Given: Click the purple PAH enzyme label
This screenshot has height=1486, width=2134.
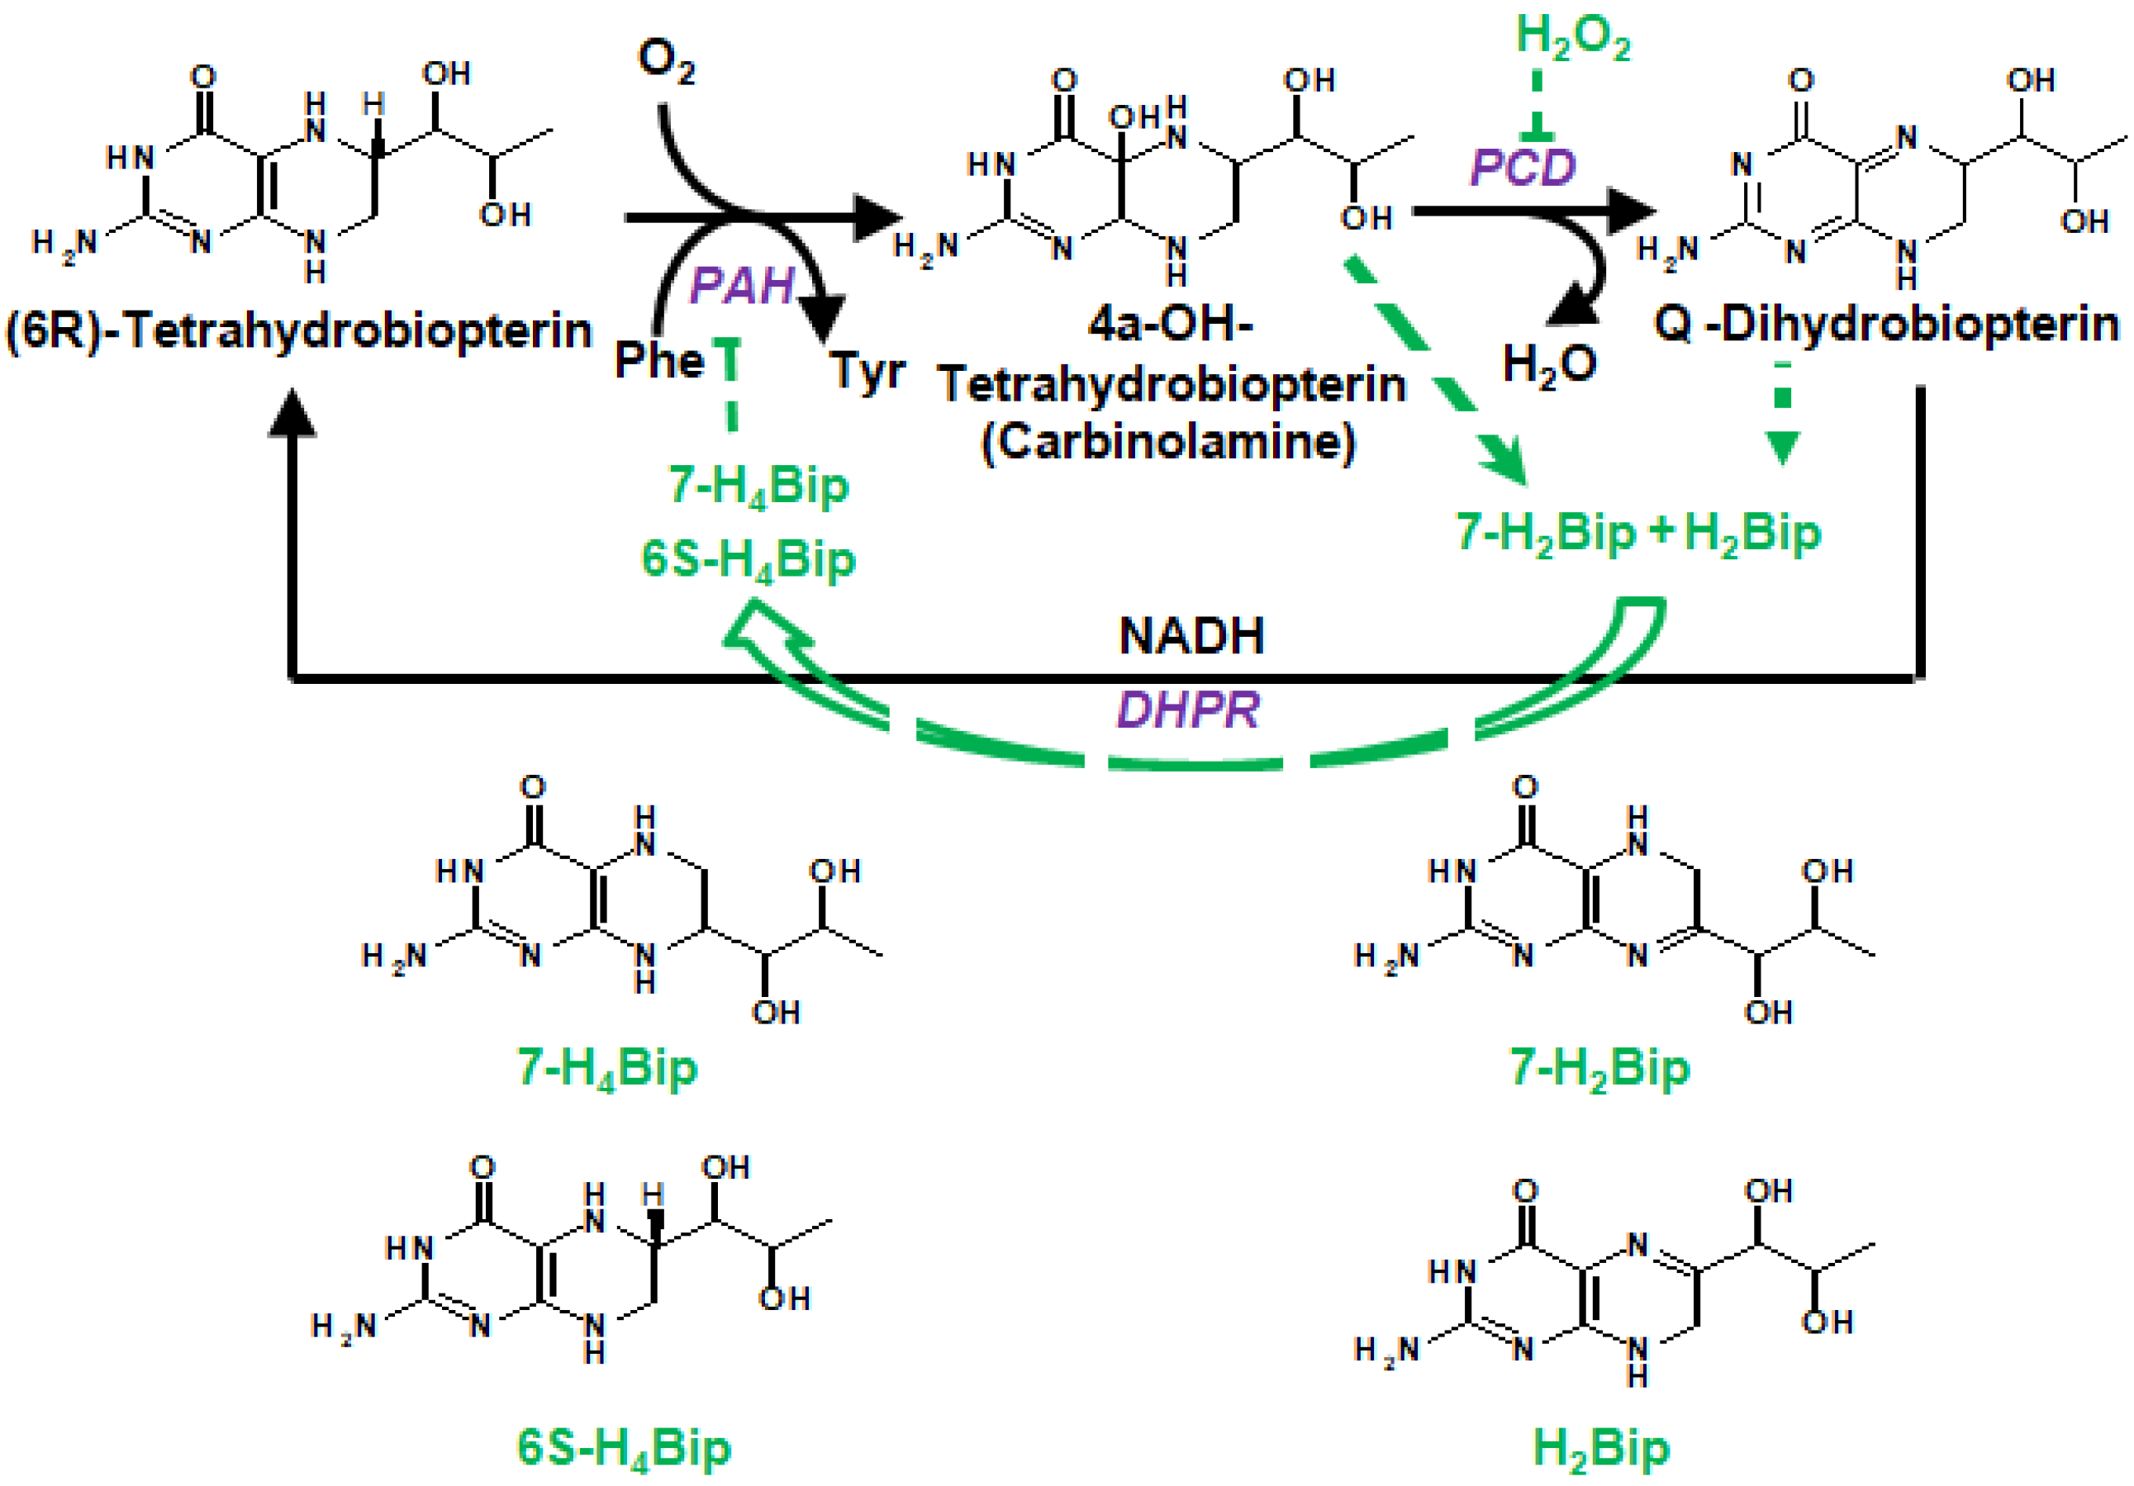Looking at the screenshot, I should point(742,284).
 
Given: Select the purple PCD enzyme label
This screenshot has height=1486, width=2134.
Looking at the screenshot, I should point(1523,168).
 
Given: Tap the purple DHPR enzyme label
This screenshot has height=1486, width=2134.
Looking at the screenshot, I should point(1188,710).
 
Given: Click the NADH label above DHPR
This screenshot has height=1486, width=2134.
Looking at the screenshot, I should point(1191,637).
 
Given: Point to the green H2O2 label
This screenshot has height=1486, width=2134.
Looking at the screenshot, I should point(1573,37).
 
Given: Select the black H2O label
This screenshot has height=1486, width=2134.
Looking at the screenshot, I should point(1549,363).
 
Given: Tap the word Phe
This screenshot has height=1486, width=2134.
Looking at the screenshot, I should point(659,358).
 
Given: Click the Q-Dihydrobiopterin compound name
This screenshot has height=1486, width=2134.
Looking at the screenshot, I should point(1886,325).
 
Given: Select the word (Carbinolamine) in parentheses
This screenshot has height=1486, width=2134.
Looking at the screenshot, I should point(1168,440).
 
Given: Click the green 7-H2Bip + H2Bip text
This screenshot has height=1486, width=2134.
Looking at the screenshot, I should point(1637,534).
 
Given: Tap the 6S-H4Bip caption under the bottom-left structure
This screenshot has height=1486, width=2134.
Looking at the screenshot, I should point(624,1448).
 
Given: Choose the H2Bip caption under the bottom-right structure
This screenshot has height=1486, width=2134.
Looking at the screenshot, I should point(1600,1448).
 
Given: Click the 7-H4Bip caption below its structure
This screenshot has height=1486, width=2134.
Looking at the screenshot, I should point(606,1067).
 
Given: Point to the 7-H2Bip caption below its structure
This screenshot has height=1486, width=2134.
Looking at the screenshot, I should point(1599,1067).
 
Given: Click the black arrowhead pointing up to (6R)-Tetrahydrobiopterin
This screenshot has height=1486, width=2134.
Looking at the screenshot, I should point(292,414).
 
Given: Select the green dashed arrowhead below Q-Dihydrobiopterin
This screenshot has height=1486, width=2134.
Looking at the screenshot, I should point(1782,449).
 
